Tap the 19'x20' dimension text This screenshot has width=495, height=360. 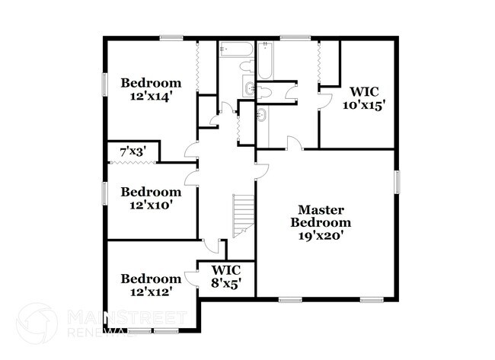[321, 236]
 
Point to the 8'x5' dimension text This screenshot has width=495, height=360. [226, 283]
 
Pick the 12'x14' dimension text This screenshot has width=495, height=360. [151, 97]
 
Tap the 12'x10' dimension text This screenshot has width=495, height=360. [151, 205]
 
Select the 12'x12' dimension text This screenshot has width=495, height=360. [151, 292]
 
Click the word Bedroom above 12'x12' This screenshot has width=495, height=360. [151, 279]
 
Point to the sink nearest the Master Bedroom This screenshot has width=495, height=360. [263, 116]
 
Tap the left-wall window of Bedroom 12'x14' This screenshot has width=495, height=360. [105, 84]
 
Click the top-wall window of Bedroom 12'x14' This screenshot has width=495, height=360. [171, 38]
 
